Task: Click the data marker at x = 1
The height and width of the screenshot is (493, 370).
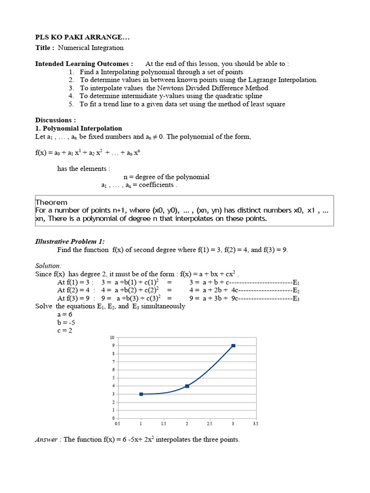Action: (141, 394)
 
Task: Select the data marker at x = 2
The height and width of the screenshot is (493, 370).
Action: (187, 386)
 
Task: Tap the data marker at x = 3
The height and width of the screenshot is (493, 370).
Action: (233, 346)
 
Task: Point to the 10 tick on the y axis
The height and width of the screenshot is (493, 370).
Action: (112, 337)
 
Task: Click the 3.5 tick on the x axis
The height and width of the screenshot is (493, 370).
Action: (256, 424)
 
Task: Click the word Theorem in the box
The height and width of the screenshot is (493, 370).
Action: (52, 202)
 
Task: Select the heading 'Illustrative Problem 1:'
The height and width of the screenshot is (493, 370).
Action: (70, 241)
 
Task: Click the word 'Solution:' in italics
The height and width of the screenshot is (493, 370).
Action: (49, 266)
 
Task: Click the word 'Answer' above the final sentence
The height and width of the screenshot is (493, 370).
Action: (47, 439)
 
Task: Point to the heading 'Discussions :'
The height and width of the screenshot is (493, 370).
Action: (55, 120)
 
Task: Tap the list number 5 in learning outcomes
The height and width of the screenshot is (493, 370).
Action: (71, 104)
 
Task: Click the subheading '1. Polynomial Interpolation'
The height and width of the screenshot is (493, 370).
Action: (79, 129)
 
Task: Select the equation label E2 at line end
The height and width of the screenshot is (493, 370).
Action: (296, 290)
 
